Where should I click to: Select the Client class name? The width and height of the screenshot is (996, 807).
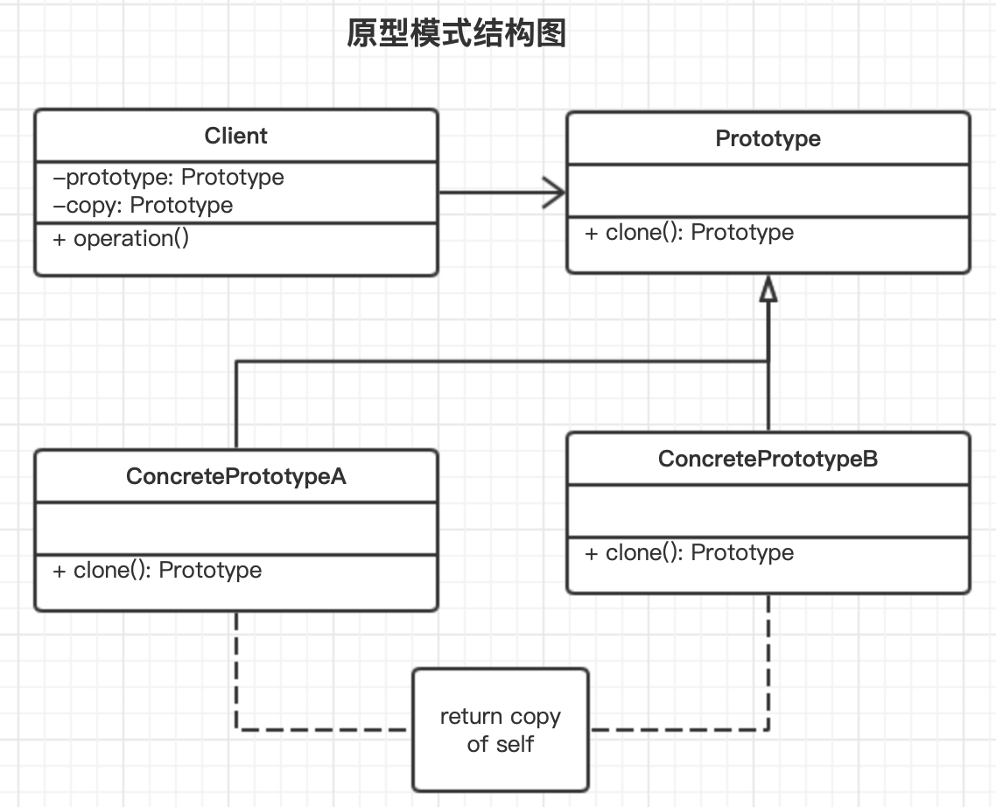point(235,136)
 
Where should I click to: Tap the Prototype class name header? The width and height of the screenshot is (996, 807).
point(768,138)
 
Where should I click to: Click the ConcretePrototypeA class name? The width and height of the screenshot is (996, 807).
point(235,476)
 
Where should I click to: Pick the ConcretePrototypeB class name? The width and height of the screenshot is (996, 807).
point(768,459)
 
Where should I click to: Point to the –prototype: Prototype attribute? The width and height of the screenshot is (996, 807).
point(169,178)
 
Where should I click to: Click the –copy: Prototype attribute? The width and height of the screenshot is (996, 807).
point(144,206)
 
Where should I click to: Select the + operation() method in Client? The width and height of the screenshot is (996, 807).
point(121,239)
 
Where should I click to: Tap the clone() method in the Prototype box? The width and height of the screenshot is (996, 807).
point(689,233)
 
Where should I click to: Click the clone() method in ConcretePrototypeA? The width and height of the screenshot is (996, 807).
point(158,571)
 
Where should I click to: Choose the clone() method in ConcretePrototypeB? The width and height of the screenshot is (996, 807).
point(689,553)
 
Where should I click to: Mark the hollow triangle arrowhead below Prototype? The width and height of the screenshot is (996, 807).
point(768,290)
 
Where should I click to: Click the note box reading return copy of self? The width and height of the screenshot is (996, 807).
point(501,730)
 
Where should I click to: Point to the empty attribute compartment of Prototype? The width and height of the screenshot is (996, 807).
point(768,190)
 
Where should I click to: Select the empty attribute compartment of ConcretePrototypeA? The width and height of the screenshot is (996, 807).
point(235,528)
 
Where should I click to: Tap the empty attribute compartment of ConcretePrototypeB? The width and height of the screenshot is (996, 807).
point(768,510)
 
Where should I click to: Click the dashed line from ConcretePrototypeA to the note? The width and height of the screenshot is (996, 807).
point(236,683)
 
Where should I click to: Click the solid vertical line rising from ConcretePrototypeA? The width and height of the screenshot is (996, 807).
point(236,403)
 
